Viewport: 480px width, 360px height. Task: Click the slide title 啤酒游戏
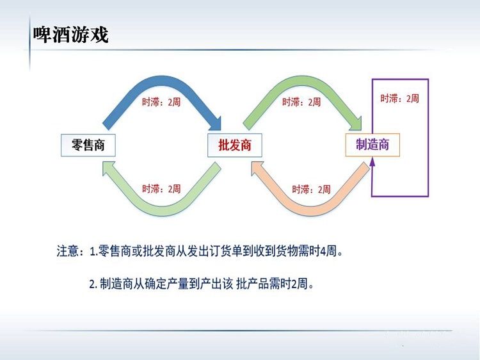click(70, 35)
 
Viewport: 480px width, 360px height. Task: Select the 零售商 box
click(88, 145)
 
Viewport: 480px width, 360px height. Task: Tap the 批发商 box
click(230, 145)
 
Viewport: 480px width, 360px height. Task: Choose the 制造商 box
click(372, 145)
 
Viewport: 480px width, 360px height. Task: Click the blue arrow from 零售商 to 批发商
click(160, 82)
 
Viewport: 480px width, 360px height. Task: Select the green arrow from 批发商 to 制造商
click(301, 82)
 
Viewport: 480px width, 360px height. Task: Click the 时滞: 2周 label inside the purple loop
click(399, 99)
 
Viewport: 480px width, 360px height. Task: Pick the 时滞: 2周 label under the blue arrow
click(161, 102)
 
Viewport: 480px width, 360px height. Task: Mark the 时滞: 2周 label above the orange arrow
click(311, 190)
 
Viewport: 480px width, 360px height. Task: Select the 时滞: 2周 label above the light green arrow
click(161, 189)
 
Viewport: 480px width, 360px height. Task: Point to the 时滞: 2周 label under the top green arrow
click(301, 102)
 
